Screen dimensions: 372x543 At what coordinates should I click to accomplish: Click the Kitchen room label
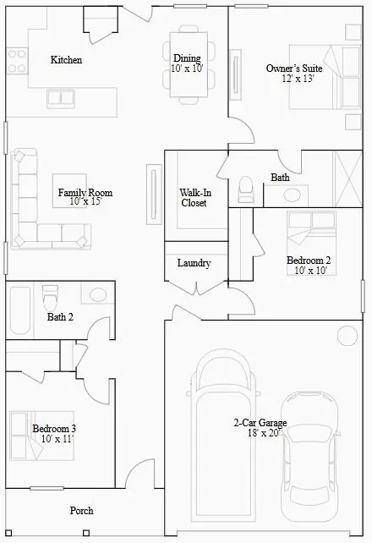click(x=66, y=60)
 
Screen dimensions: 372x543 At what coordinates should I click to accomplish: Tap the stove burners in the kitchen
click(x=17, y=61)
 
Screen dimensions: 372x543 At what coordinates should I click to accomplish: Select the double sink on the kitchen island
click(x=61, y=99)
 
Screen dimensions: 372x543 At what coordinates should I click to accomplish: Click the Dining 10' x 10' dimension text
click(x=187, y=69)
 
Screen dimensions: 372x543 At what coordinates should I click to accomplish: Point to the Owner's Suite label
click(x=294, y=69)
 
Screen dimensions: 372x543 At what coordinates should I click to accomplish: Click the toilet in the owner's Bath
click(x=246, y=189)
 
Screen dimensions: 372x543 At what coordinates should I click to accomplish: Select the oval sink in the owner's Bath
click(x=292, y=195)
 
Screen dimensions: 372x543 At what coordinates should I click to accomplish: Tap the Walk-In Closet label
click(x=195, y=198)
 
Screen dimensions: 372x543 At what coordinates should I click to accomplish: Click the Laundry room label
click(x=194, y=263)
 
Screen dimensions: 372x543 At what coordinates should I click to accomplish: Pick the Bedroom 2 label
click(x=309, y=260)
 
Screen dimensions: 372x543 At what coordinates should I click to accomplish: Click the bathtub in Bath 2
click(x=20, y=310)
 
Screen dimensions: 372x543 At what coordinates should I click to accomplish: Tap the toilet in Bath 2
click(x=50, y=298)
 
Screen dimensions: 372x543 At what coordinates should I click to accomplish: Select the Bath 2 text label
click(x=60, y=317)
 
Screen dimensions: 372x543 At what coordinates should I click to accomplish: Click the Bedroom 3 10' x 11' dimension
click(x=57, y=439)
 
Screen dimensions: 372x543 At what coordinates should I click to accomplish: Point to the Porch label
click(x=82, y=511)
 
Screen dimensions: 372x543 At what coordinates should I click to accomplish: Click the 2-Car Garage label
click(x=260, y=423)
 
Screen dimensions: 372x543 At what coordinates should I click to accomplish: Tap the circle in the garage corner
click(x=347, y=336)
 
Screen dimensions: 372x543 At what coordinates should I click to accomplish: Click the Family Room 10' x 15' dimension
click(x=86, y=201)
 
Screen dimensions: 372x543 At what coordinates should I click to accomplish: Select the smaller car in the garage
click(x=309, y=457)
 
